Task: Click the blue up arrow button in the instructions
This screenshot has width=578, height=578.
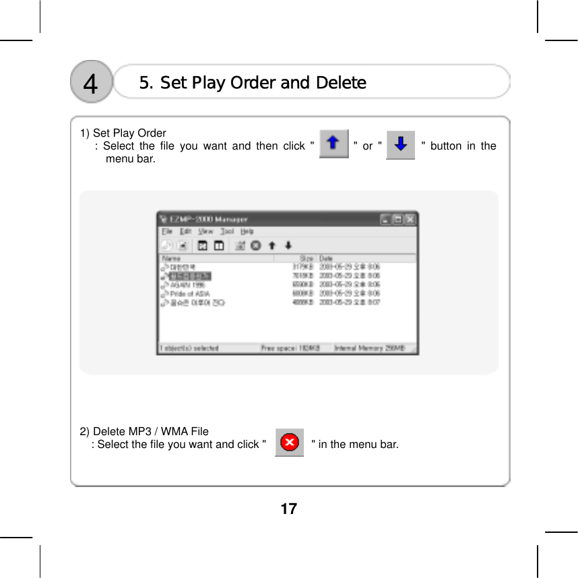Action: (333, 144)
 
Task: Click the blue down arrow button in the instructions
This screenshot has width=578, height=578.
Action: (400, 144)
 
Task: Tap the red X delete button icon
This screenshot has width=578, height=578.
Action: (290, 443)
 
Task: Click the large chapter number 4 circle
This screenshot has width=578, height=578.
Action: (91, 84)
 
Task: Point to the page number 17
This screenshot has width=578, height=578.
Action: (288, 509)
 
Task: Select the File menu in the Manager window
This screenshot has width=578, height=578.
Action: (167, 232)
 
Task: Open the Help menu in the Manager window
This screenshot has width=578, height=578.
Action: (247, 232)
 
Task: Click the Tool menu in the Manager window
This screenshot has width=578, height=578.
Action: (227, 232)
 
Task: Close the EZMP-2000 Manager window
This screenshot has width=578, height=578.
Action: (410, 219)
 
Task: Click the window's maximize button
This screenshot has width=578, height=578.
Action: (398, 219)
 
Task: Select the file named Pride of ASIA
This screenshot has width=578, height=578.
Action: (189, 294)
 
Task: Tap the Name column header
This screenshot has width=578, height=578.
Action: (172, 258)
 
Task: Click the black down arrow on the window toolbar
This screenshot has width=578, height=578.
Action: (288, 245)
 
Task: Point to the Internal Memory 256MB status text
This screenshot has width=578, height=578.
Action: (369, 348)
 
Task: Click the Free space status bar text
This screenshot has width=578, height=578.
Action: (290, 348)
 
